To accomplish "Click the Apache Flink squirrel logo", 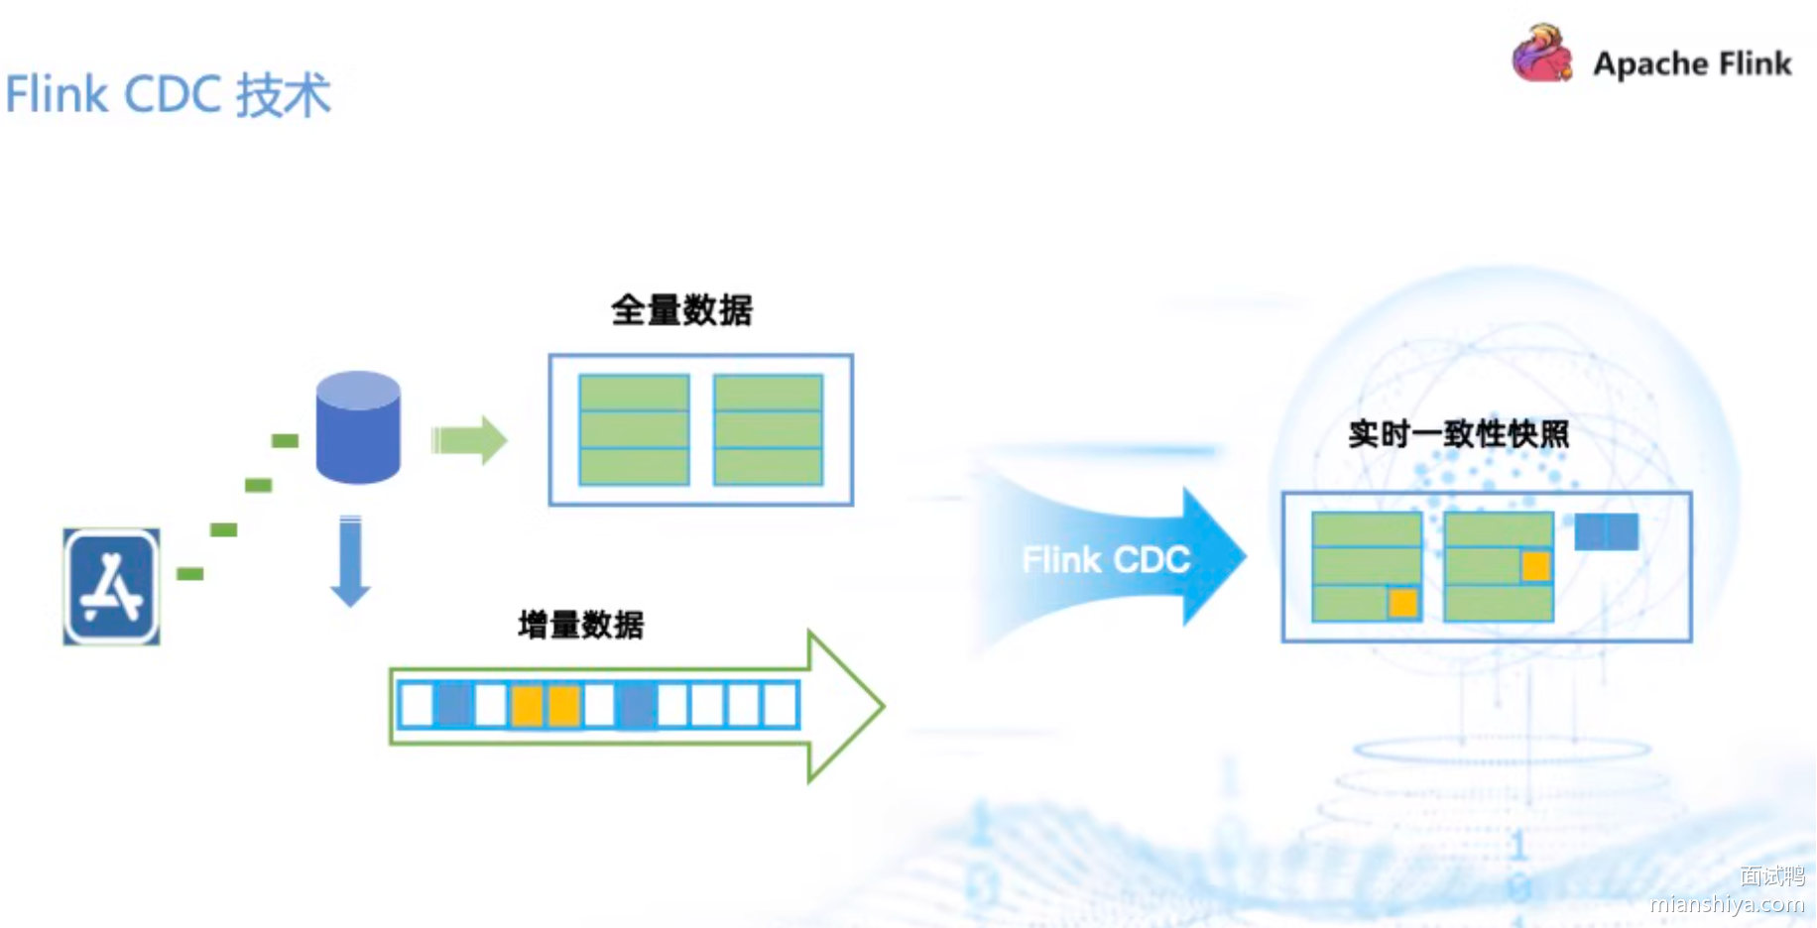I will pos(1541,55).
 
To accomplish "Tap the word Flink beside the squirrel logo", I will pos(1755,63).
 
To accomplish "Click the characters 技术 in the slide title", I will pos(284,95).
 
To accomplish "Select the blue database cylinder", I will pos(358,427).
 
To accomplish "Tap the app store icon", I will pos(112,586).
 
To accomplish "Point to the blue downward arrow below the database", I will pos(350,560).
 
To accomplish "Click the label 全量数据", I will pos(681,310).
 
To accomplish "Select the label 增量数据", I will pos(580,625).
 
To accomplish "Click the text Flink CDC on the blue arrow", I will pos(1106,560).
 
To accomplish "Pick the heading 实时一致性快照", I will pos(1458,434).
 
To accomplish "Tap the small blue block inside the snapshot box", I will pos(1606,532).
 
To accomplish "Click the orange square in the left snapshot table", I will pos(1402,603).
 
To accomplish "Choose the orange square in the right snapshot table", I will pos(1535,566).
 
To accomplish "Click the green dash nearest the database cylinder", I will pos(285,440).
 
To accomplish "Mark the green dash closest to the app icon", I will pos(189,574).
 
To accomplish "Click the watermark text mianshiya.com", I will pos(1727,903).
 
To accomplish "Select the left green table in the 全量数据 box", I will pos(634,429).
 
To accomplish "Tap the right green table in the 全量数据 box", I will pos(768,429).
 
